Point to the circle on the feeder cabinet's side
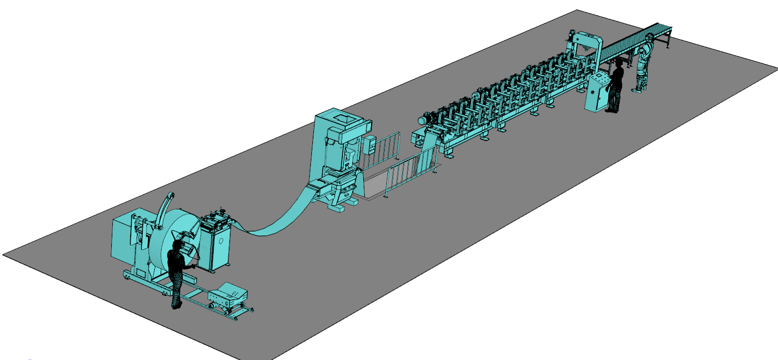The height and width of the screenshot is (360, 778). tap(221, 241)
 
